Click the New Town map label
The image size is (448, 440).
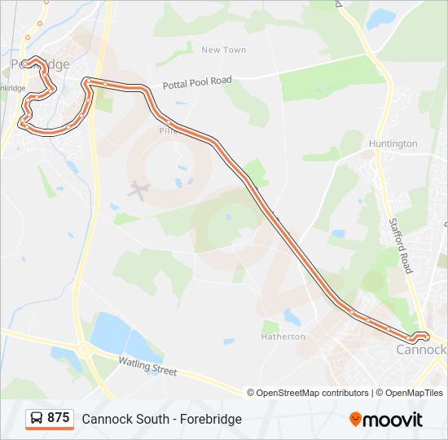pos(223,50)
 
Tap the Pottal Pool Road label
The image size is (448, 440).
pos(197,82)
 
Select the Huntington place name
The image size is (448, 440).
pos(393,143)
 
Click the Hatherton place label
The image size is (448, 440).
pos(283,337)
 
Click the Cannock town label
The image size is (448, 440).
pos(420,350)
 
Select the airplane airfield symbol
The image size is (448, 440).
pos(138,192)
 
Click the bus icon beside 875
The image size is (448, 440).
pos(37,419)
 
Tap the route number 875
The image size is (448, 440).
pos(59,418)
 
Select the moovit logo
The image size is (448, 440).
pos(386,420)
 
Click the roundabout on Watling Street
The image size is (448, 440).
pos(83,351)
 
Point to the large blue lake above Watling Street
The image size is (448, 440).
pos(110,333)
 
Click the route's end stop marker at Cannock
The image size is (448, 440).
pos(420,337)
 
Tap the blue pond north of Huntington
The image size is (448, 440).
pos(380,18)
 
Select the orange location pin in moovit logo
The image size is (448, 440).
pos(355,420)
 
